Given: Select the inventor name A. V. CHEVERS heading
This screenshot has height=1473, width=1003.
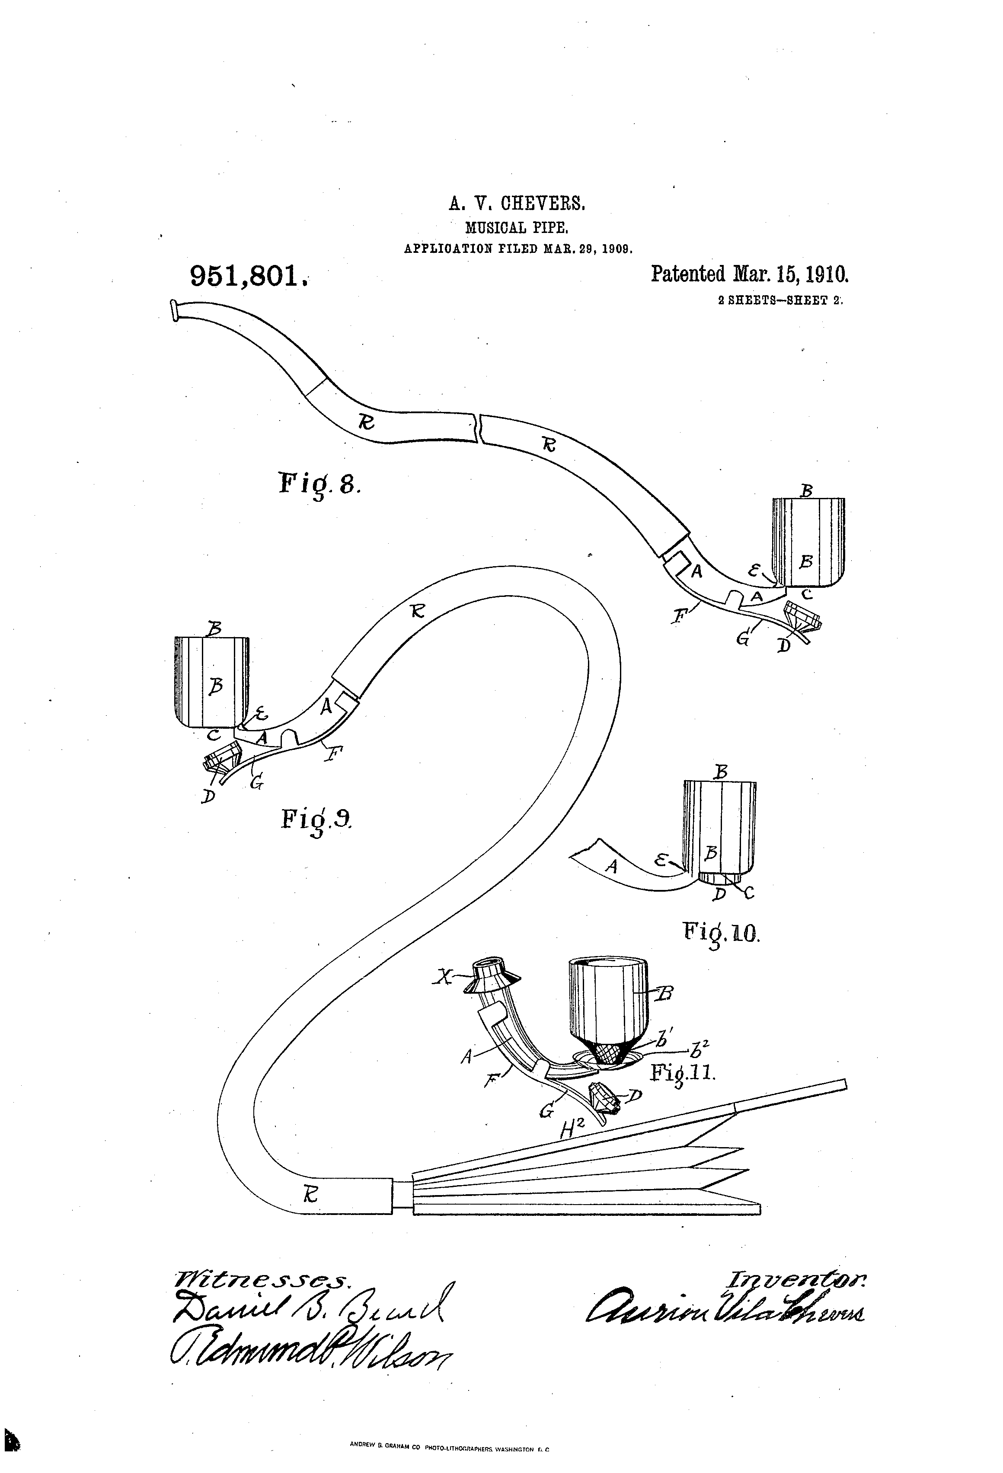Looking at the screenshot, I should pos(517,204).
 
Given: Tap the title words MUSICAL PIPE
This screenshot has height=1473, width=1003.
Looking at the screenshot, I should pos(517,227).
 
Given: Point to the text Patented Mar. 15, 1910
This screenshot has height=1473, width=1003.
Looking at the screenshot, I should pos(749,274).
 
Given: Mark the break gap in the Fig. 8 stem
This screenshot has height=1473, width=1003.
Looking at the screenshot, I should pos(478,428).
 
